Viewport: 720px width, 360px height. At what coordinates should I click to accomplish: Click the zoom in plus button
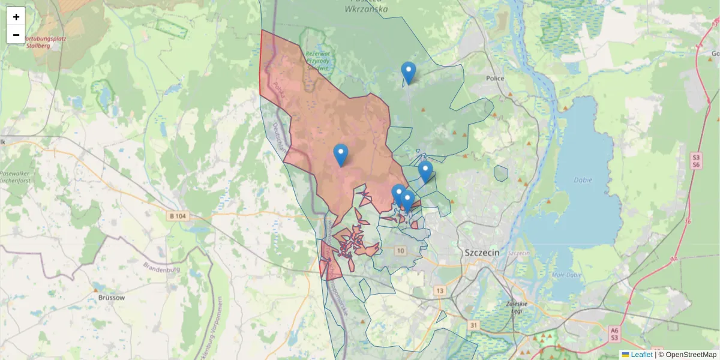16,17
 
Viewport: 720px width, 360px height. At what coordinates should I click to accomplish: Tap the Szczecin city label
482,253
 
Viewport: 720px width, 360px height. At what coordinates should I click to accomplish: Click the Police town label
495,79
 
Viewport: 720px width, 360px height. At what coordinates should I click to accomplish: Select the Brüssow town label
112,298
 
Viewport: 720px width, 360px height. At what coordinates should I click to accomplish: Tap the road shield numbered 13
440,291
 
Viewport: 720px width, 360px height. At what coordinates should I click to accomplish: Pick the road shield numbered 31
474,325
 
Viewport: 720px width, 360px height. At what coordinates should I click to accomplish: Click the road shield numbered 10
401,250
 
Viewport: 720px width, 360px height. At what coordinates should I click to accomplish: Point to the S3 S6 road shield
696,160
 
